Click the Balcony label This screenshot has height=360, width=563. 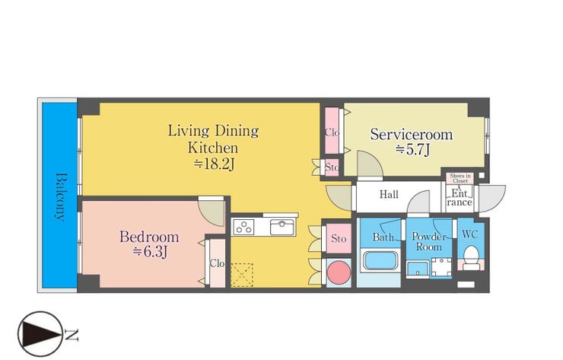pyautogui.click(x=61, y=196)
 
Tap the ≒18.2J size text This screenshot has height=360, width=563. pyautogui.click(x=215, y=164)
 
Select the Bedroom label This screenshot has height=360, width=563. pyautogui.click(x=149, y=237)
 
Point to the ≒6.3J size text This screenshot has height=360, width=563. pyautogui.click(x=150, y=252)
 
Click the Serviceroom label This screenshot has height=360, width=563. pyautogui.click(x=412, y=135)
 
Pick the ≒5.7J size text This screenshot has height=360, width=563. pyautogui.click(x=412, y=149)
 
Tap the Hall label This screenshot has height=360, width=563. pyautogui.click(x=389, y=195)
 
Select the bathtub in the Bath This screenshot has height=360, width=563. pyautogui.click(x=380, y=260)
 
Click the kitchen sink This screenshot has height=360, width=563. pyautogui.click(x=281, y=227)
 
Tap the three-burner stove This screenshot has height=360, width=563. pyautogui.click(x=243, y=227)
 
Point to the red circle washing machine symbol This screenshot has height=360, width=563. pyautogui.click(x=339, y=272)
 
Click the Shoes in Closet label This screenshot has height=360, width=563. pyautogui.click(x=460, y=178)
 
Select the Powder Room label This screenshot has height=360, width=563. pyautogui.click(x=428, y=242)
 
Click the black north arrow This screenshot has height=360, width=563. pyautogui.click(x=39, y=334)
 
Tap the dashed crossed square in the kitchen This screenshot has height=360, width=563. pyautogui.click(x=242, y=276)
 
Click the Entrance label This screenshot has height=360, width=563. pyautogui.click(x=460, y=198)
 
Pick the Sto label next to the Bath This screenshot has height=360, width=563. pyautogui.click(x=339, y=238)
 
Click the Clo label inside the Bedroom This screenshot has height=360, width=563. pyautogui.click(x=217, y=263)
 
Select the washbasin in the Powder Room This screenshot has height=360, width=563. pyautogui.click(x=418, y=269)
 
